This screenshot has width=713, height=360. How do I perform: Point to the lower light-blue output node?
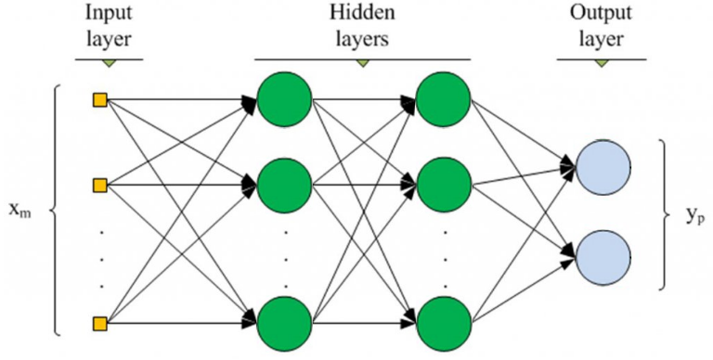[x=603, y=254]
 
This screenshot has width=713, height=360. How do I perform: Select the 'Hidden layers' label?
[x=362, y=25]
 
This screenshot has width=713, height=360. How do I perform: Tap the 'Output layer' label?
[x=603, y=25]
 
